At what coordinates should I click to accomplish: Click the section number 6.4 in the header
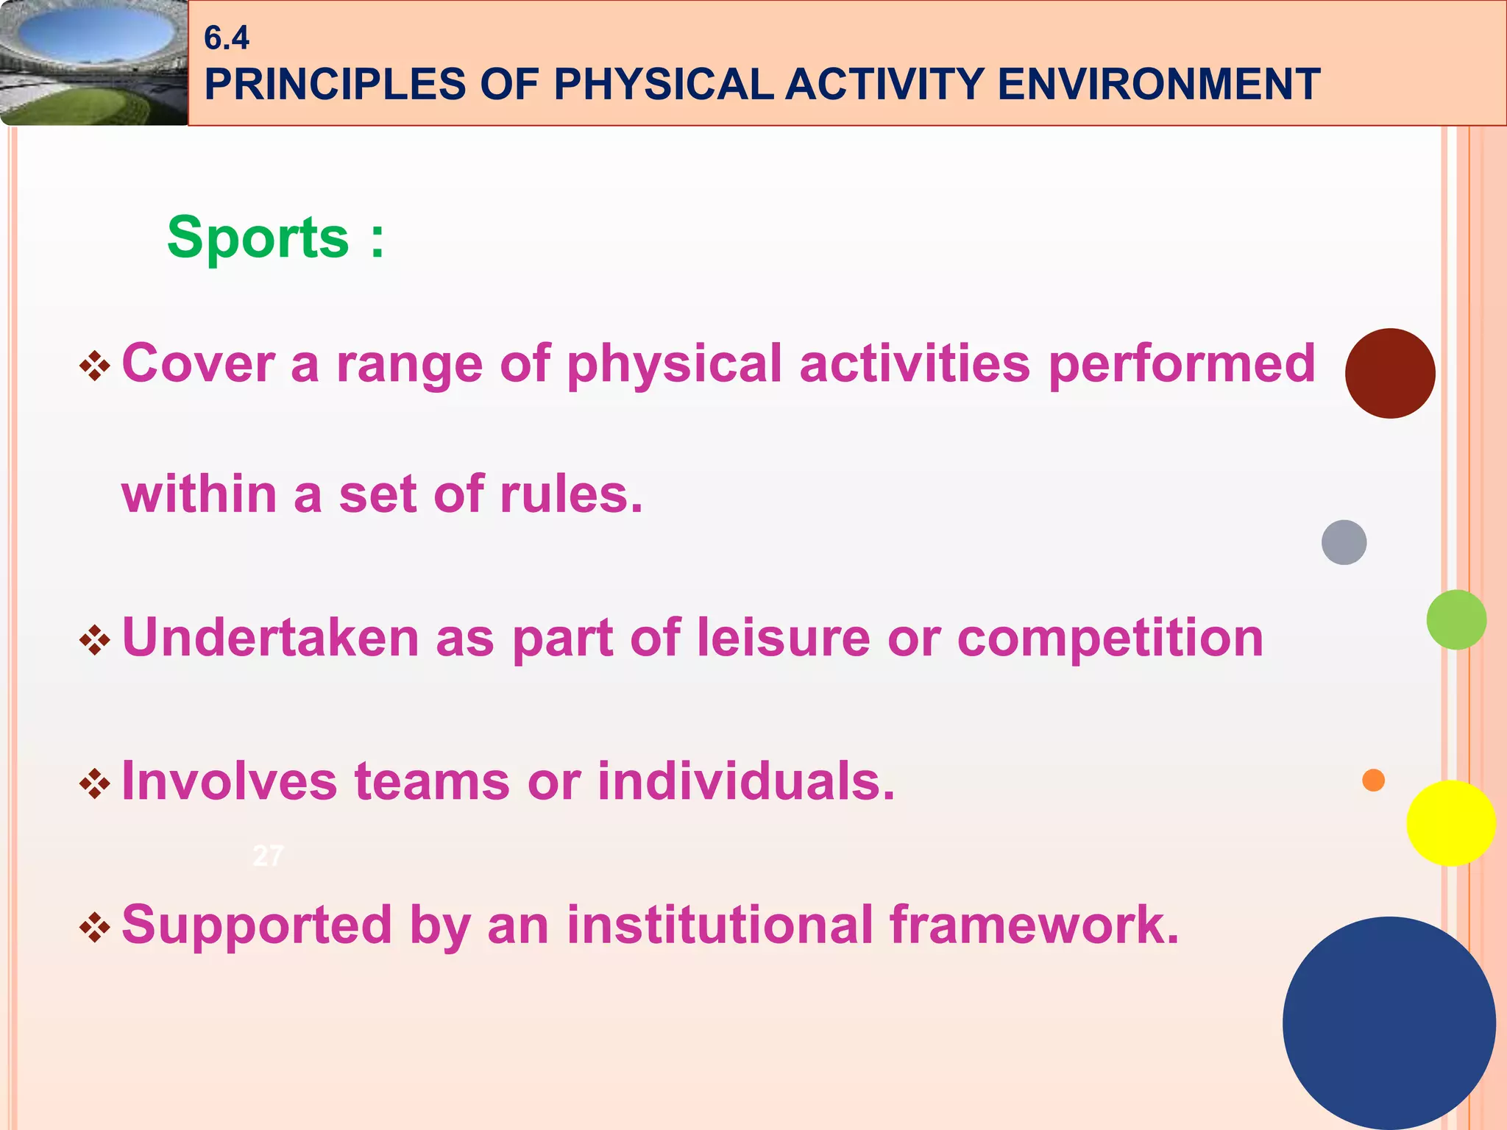226,38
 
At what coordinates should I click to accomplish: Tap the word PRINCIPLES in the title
335,84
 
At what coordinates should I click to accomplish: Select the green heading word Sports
258,238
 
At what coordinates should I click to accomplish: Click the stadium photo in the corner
93,63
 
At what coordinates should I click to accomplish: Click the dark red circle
1389,374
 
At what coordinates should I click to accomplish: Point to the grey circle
1344,542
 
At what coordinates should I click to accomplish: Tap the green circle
1455,619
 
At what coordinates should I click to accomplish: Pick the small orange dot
1373,780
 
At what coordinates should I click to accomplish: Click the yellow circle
1450,823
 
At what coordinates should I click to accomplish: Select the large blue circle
1389,1023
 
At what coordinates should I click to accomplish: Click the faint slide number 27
267,856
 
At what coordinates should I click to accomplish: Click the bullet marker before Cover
95,366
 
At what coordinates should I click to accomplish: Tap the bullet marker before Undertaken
95,640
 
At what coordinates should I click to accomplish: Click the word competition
1110,639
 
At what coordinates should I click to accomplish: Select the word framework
1034,924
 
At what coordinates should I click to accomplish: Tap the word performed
1182,364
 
